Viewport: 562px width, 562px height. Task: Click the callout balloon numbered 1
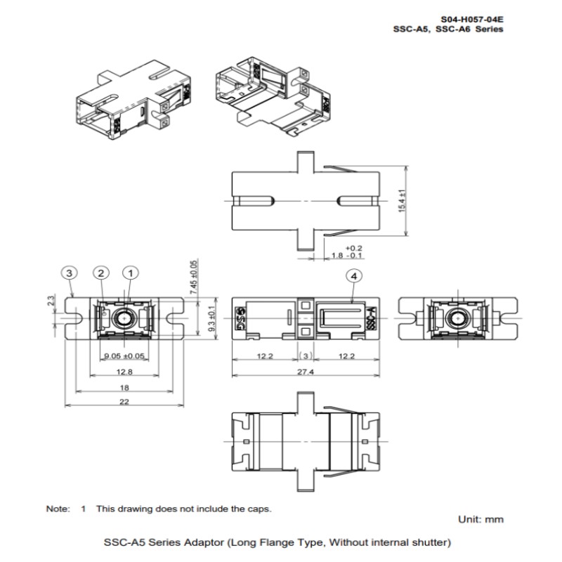[x=131, y=273]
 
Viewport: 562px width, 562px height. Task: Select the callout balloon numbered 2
[x=100, y=273]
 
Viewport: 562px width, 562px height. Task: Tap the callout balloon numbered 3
[x=69, y=273]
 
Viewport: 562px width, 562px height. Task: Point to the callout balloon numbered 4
[x=354, y=276]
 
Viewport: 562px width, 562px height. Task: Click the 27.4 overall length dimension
[x=306, y=372]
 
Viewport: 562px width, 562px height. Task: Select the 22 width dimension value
[x=124, y=401]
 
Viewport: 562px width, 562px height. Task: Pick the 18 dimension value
[x=124, y=388]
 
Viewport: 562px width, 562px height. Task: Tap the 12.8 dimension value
[x=124, y=372]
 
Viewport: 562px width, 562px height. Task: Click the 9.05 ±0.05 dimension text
[x=124, y=356]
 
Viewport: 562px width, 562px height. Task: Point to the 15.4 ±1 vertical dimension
[x=402, y=201]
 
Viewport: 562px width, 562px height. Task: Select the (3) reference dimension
[x=306, y=356]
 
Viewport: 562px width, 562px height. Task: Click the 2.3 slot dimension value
[x=51, y=300]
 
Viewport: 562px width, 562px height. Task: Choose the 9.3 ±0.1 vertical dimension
[x=212, y=318]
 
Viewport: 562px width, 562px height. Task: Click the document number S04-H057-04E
[x=471, y=20]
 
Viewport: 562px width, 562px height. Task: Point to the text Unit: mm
[x=481, y=519]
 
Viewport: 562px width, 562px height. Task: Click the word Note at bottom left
[x=58, y=509]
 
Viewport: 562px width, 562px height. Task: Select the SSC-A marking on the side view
[x=371, y=318]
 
